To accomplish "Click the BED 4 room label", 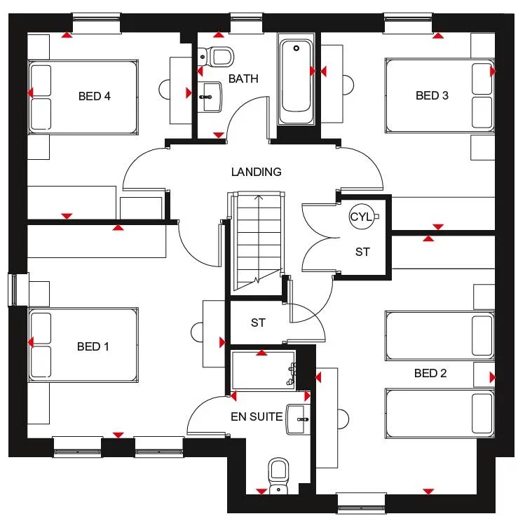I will point(94,96).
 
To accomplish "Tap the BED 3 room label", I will point(432,95).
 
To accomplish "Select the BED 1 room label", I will point(93,346).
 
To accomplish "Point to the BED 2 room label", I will point(430,373).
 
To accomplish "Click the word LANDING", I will point(257,172).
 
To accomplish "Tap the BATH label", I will point(243,79).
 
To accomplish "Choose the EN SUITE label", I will point(257,417).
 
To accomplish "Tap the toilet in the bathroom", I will point(217,55).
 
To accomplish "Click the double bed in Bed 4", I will point(82,97).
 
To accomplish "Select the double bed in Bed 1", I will point(83,346).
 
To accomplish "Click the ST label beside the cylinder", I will point(362,252).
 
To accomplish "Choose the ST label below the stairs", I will point(258,323).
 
